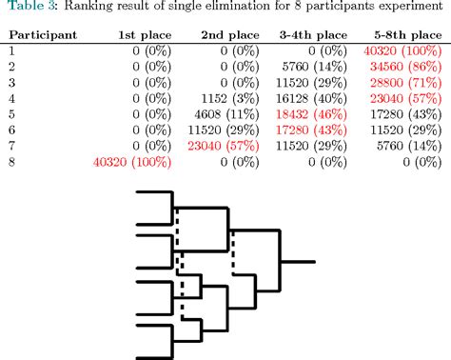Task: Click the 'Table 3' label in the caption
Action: (x=27, y=10)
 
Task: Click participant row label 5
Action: (x=11, y=114)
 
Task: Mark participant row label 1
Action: (x=11, y=50)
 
